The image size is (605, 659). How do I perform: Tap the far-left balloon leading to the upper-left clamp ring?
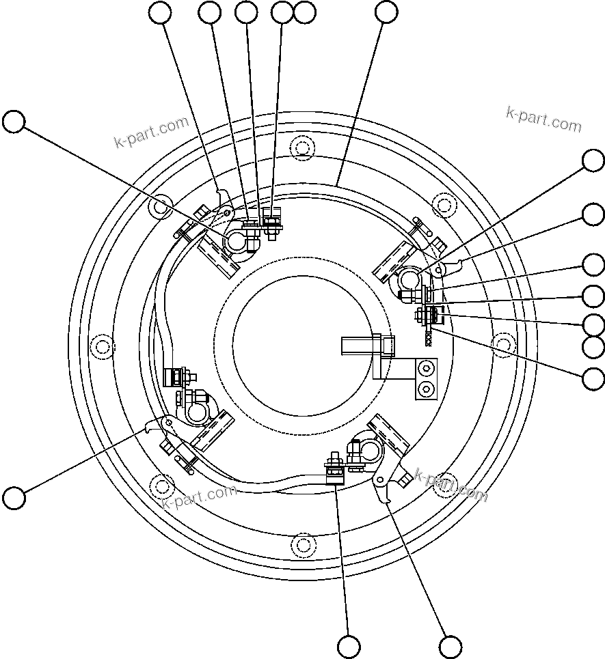[14, 122]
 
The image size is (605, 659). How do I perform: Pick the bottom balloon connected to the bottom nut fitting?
[349, 646]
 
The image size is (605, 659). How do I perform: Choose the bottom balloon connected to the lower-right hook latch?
[451, 646]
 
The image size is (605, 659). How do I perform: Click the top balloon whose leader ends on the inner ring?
[386, 12]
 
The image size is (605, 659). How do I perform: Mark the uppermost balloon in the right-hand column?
[593, 160]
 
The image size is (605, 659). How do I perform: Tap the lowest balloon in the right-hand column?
[593, 377]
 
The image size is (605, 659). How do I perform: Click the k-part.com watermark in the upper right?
[543, 120]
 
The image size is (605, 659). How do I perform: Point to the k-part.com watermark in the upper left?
[151, 132]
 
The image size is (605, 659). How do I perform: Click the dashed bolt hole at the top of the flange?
[302, 147]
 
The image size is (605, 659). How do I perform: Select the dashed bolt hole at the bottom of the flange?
[302, 544]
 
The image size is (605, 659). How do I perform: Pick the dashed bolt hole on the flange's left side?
[102, 346]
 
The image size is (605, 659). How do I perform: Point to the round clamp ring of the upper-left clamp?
[237, 241]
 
